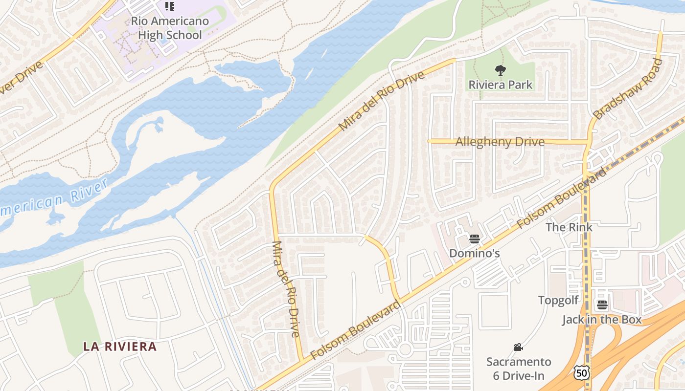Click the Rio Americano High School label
[x=170, y=28]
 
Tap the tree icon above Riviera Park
[x=500, y=70]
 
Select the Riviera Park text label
[x=500, y=85]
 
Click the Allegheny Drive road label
[x=500, y=142]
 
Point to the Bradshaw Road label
[x=627, y=89]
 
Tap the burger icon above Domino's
[x=474, y=239]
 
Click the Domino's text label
[x=474, y=253]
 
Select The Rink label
[x=569, y=227]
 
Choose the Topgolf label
[x=558, y=300]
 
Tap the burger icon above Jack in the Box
[x=602, y=305]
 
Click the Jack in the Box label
[x=601, y=320]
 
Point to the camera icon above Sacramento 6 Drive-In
[x=518, y=348]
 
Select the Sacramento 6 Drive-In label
[x=519, y=369]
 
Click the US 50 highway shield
[x=582, y=373]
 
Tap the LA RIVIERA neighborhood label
[x=120, y=347]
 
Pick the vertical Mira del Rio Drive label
[x=285, y=289]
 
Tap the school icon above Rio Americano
[x=169, y=6]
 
